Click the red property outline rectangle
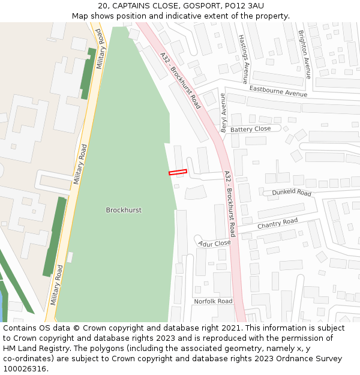pos(178,172)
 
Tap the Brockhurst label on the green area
pos(124,210)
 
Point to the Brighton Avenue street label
pos(305,55)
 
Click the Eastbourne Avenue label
pos(278,91)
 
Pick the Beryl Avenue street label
pos(223,113)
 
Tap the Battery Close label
pos(250,129)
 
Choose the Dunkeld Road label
pos(292,193)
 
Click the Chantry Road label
pos(277,224)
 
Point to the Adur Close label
pos(215,244)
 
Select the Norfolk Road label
pos(212,301)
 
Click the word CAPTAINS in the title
pos(131,5)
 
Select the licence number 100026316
pos(26,368)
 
